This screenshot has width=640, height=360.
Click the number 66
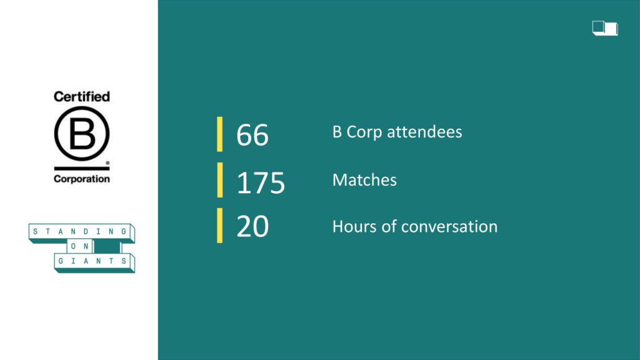click(252, 135)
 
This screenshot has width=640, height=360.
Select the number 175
click(261, 182)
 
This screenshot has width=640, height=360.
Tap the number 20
click(252, 226)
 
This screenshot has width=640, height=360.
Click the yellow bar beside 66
click(219, 134)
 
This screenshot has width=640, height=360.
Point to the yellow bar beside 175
click(219, 180)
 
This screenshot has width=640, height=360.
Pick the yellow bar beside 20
click(219, 225)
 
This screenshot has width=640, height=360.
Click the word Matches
click(364, 180)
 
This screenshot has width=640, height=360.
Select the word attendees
click(424, 132)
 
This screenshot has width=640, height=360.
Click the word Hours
click(354, 226)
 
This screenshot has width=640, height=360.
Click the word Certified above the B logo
click(82, 96)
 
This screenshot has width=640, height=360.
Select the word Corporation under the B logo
click(82, 179)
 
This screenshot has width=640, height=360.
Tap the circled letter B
click(82, 134)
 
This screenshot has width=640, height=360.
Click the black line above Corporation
click(82, 168)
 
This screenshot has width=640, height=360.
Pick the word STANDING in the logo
click(79, 232)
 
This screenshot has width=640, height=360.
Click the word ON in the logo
click(79, 246)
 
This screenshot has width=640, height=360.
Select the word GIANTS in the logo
click(92, 261)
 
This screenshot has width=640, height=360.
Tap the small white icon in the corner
click(605, 28)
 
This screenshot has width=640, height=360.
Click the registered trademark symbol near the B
click(107, 163)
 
